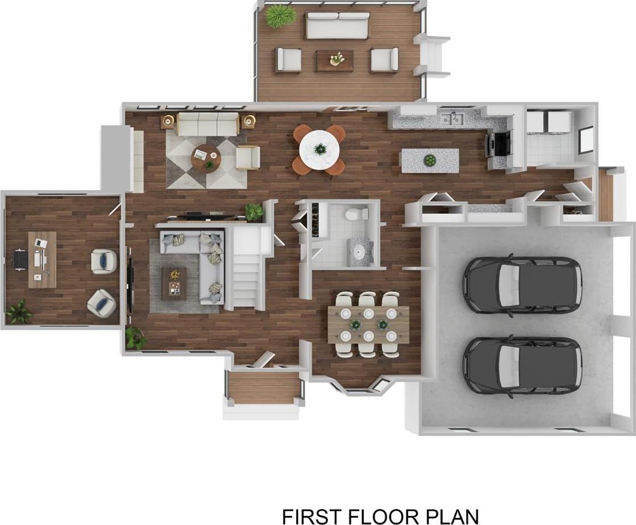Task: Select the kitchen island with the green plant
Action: (x=430, y=161)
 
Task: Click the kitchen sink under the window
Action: (x=452, y=119)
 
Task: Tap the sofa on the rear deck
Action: (x=337, y=26)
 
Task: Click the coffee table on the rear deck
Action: (x=335, y=60)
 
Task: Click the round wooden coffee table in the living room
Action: (x=206, y=158)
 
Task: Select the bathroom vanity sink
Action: (x=360, y=253)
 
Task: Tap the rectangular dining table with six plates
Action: (x=368, y=325)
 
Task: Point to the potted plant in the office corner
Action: (x=18, y=311)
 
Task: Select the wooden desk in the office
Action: (x=42, y=260)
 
